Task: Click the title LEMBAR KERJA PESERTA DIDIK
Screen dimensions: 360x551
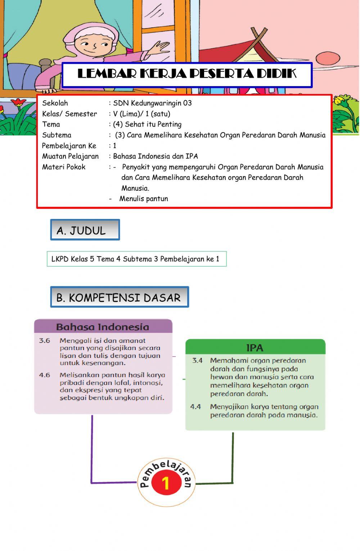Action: point(187,74)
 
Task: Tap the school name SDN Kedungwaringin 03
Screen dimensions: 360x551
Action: point(152,103)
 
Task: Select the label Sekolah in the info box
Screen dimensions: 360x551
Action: point(55,103)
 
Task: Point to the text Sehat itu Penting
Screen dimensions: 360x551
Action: point(153,124)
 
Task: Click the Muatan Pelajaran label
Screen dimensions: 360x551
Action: point(70,156)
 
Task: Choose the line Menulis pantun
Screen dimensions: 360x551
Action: point(143,199)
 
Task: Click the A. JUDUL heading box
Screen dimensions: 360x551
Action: point(85,230)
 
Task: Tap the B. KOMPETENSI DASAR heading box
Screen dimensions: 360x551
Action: point(119,297)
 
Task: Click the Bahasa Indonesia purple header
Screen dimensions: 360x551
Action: point(103,327)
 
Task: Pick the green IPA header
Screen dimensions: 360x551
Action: point(255,348)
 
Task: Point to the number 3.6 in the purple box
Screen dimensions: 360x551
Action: point(45,341)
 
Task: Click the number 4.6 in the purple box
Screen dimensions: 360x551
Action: point(45,375)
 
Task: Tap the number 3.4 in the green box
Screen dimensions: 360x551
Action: point(198,360)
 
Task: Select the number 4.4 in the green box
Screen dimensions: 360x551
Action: point(195,407)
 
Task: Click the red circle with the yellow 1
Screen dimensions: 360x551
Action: point(166,483)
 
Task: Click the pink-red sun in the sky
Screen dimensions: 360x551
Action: point(327,58)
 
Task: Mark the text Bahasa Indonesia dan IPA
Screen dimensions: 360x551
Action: point(156,156)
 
